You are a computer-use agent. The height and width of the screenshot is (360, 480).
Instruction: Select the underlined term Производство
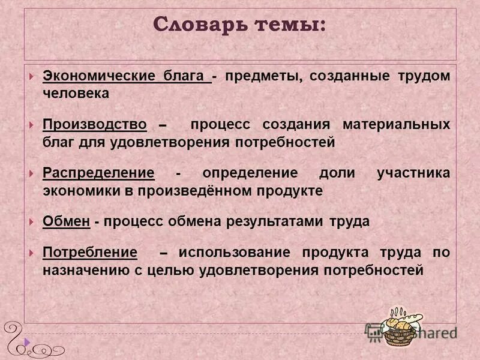point(95,125)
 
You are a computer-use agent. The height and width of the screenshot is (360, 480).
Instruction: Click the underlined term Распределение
point(98,173)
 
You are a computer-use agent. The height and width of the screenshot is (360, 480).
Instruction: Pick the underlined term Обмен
point(67,221)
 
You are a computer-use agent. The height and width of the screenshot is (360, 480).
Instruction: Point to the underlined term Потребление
point(90,253)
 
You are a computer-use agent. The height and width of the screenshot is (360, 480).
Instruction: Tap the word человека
point(76,94)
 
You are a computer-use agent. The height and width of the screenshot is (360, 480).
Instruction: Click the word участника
point(413,173)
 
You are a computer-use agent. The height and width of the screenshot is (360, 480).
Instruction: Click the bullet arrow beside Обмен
point(31,221)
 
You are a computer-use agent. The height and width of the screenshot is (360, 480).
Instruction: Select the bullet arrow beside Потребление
point(31,253)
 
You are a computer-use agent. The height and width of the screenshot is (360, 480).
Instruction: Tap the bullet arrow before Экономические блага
point(31,77)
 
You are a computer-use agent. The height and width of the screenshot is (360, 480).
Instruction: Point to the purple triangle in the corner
point(26,341)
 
